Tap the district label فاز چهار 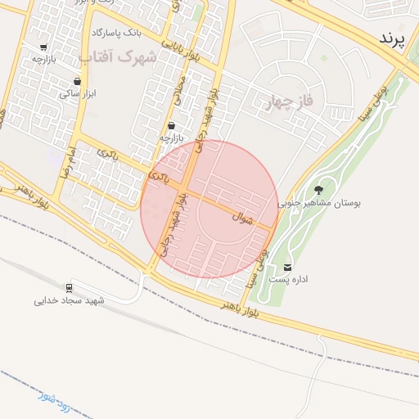[291, 102]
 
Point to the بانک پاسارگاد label [116, 33]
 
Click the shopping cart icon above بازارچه [43, 47]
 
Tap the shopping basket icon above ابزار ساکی [77, 82]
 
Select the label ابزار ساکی [77, 95]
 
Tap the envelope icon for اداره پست [287, 268]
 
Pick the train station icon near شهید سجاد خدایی [70, 288]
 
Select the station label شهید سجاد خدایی [70, 301]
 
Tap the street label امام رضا [52, 162]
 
